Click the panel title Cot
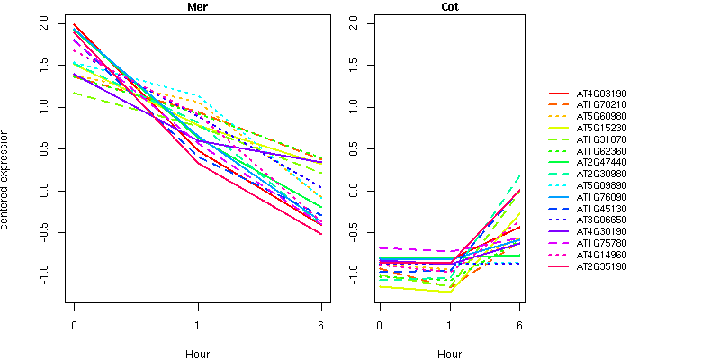tap(449, 7)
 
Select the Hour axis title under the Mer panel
tap(197, 355)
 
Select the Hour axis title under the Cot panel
tap(449, 355)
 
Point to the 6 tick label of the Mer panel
tap(321, 325)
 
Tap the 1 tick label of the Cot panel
tap(449, 325)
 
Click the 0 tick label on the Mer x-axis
tap(74, 325)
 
